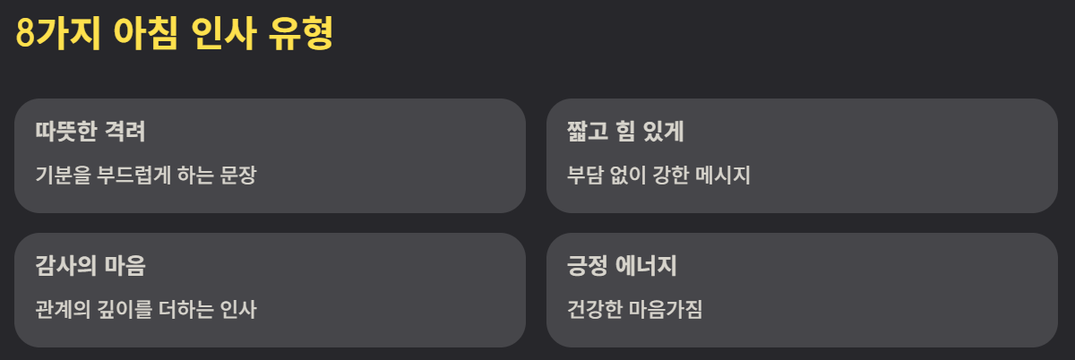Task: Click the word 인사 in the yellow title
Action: (x=223, y=36)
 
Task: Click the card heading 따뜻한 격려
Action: (x=90, y=132)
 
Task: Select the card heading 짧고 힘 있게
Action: (x=625, y=132)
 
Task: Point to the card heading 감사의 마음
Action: (x=90, y=266)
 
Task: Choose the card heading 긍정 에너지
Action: (x=622, y=266)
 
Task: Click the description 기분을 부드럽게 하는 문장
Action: (x=146, y=175)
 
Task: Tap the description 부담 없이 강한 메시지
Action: (x=658, y=175)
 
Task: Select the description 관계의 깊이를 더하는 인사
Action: (x=146, y=310)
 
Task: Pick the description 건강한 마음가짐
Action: (x=635, y=310)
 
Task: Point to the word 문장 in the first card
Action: (x=238, y=175)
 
